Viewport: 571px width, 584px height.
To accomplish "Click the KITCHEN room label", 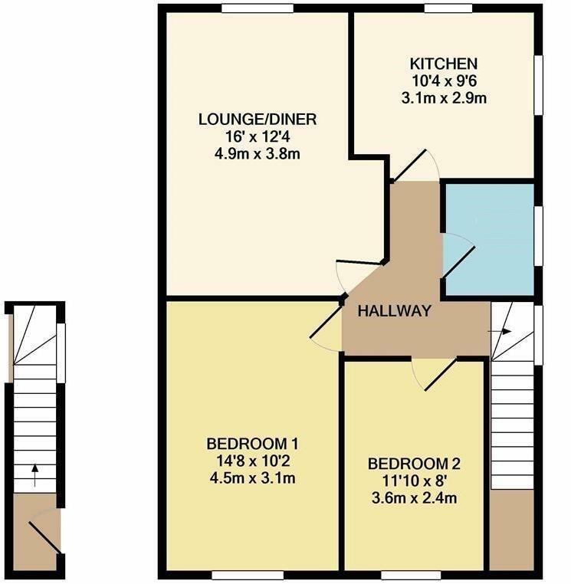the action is (x=443, y=64).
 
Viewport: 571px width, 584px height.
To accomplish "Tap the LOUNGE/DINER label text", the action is (x=258, y=120).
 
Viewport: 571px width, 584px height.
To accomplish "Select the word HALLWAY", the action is (x=395, y=310).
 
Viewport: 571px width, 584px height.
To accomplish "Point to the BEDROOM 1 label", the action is (x=252, y=444).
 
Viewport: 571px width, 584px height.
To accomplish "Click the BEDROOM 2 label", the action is (x=414, y=464).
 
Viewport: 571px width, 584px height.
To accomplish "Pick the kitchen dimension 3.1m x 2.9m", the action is (x=444, y=98).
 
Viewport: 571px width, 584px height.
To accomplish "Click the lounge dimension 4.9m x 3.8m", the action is (x=258, y=153).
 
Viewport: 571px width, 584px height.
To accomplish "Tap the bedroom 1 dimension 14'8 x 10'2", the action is (x=253, y=461).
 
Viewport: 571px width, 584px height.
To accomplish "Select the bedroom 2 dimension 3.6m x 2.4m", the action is (x=414, y=498).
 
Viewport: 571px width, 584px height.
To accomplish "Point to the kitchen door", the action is (x=409, y=165).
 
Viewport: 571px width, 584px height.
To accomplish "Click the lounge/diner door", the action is (x=359, y=262).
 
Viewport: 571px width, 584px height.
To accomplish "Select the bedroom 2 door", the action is (x=441, y=374).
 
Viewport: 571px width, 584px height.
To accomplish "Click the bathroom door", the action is (x=458, y=261).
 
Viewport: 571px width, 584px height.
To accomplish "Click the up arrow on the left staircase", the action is (x=34, y=475).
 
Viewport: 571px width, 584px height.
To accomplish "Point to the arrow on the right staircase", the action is (x=500, y=332).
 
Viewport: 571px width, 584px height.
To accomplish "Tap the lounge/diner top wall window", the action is (x=258, y=8).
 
